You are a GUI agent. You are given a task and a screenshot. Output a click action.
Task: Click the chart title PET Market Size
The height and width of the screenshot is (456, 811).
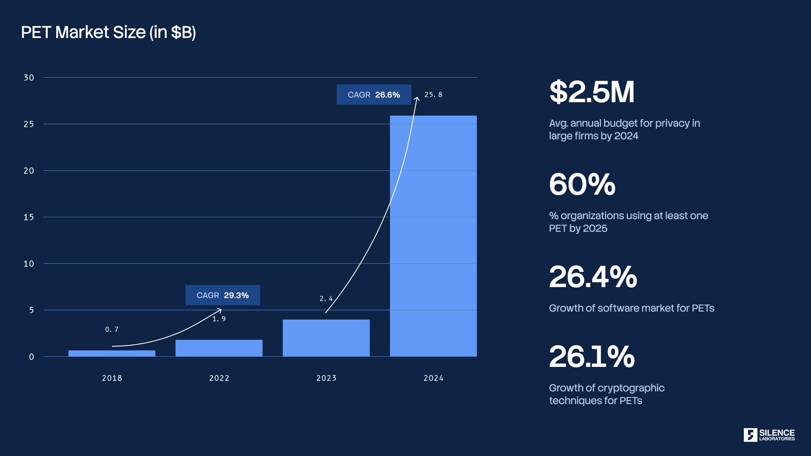tap(108, 33)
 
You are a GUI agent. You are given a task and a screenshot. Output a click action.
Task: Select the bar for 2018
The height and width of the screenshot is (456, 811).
tap(112, 353)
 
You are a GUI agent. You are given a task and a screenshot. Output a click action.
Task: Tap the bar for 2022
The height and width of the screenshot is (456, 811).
tap(219, 348)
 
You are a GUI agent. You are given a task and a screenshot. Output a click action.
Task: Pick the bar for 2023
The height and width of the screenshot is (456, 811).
tap(326, 338)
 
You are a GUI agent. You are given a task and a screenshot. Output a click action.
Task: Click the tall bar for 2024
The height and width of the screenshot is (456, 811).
tap(433, 236)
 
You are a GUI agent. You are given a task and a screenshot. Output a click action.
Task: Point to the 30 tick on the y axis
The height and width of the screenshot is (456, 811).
tap(29, 78)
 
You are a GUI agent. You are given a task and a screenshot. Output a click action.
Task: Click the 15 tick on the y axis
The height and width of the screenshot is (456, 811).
tap(29, 217)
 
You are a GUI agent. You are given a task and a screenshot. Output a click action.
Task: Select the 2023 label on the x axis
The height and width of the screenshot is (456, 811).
tap(326, 378)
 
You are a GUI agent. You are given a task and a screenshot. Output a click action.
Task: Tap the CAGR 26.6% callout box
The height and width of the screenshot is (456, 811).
tap(374, 95)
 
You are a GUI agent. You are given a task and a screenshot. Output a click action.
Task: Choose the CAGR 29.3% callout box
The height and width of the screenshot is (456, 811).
tap(223, 295)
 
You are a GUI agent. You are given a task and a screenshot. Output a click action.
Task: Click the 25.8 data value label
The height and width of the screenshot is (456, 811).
tap(433, 95)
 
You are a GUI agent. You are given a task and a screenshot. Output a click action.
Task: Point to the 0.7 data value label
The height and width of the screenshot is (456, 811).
tap(112, 329)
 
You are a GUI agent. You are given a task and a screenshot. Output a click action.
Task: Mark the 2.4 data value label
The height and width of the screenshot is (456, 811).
tap(326, 299)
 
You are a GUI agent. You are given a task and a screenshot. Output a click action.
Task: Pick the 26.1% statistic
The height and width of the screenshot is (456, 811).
tap(592, 356)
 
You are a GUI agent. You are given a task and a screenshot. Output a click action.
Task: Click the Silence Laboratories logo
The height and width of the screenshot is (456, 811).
tap(769, 435)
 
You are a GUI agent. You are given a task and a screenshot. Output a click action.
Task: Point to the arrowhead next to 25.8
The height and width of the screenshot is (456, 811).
tap(416, 99)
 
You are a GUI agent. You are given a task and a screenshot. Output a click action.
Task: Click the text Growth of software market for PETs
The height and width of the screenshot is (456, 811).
tap(631, 308)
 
